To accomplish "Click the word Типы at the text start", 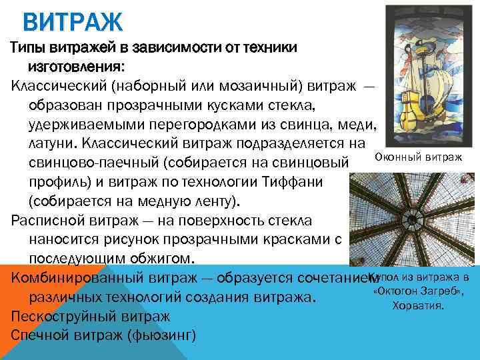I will pos(29,49).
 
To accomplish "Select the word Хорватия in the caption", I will pos(419,306).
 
